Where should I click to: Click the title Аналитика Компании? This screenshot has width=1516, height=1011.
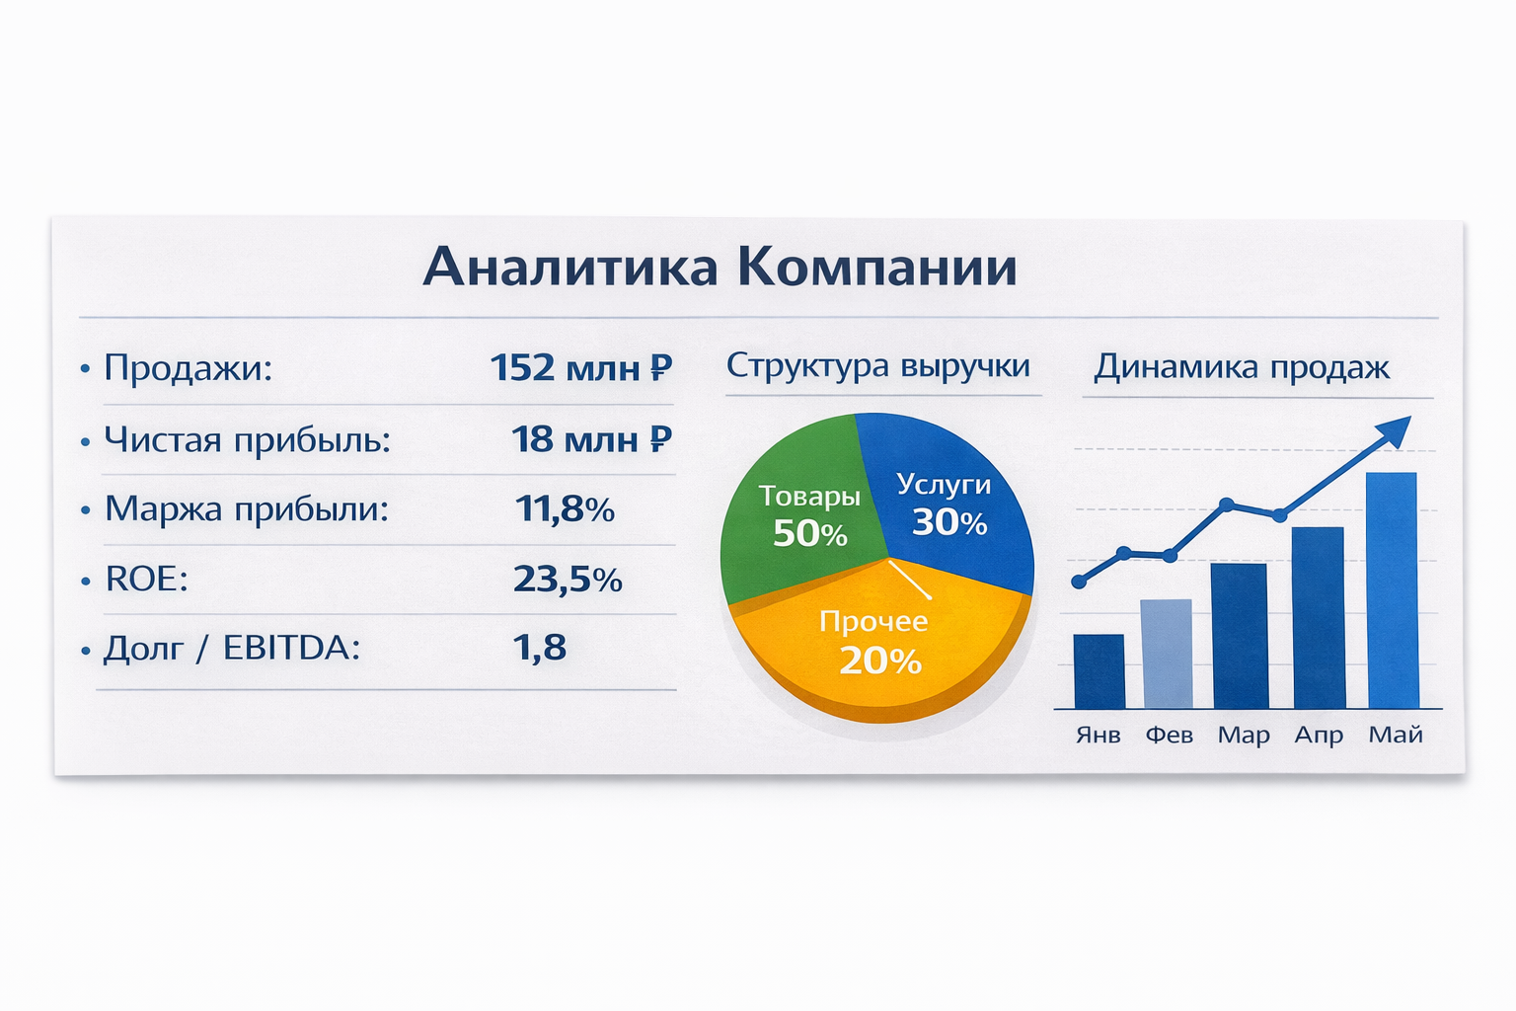pos(720,267)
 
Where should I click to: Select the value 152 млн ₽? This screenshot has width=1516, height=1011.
pos(581,367)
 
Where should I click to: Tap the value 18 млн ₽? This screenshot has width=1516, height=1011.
pos(591,438)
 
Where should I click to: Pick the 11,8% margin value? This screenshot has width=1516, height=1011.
pos(565,508)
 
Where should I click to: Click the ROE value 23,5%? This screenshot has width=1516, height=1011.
pos(568,579)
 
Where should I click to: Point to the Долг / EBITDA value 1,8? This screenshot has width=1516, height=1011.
pos(540,648)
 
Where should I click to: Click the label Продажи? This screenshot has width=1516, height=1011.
pos(188,368)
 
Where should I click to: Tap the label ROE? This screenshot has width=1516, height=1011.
pos(146,579)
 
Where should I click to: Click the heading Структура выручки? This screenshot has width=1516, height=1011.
pos(877,366)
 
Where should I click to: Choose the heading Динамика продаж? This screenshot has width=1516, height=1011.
pos(1242,367)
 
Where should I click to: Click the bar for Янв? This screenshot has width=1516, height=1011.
pos(1099,671)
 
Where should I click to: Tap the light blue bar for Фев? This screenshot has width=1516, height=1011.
pos(1167,654)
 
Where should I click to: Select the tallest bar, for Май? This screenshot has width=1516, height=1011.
pos(1393,589)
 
